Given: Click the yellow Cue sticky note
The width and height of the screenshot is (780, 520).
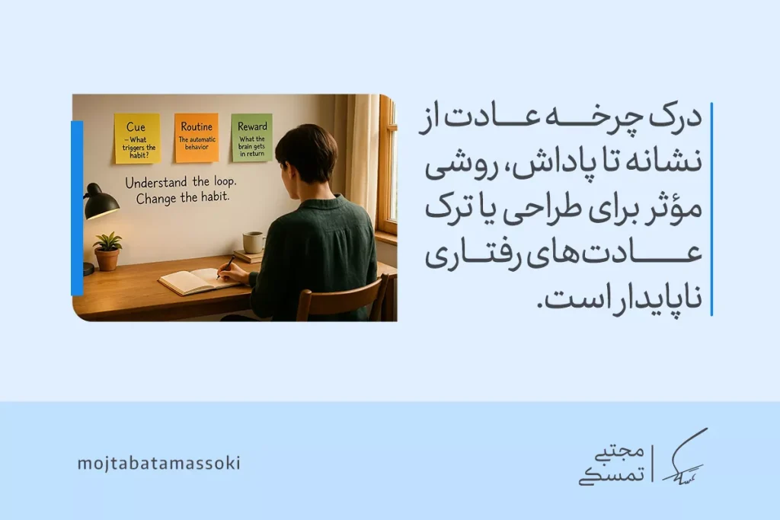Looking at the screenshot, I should point(137,138).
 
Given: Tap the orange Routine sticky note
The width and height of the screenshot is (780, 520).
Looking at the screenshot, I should point(197,138).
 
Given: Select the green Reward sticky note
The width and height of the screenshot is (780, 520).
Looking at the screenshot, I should point(251,137).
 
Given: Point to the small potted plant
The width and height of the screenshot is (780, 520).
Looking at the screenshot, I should point(107,252).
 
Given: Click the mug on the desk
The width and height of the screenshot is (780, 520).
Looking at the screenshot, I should point(253,242).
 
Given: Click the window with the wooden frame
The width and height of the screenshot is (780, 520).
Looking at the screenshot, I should point(387,167).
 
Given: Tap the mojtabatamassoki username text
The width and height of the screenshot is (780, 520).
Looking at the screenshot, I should point(158,463).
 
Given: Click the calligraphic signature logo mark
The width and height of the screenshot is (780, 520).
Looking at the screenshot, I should point(683,456).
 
